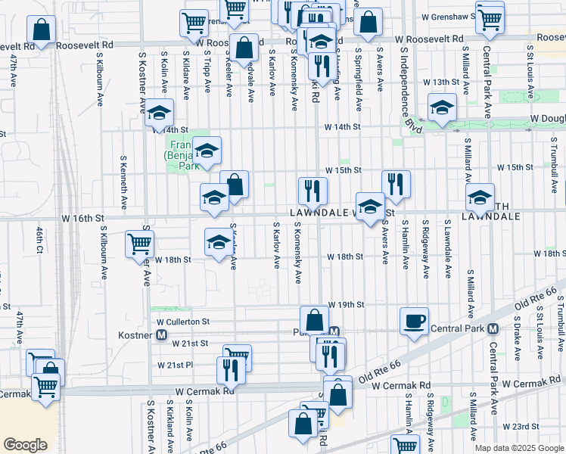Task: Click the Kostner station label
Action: pos(136,334)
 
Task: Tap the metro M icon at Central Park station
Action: pos(492,328)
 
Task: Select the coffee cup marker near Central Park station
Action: pos(414,321)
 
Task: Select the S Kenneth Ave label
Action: pos(123,183)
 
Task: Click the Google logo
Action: pos(26,445)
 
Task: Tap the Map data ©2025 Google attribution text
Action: pos(518,448)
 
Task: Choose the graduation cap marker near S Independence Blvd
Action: pos(441,107)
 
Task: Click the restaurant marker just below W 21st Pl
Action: pos(229,368)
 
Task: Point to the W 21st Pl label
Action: pos(176,365)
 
